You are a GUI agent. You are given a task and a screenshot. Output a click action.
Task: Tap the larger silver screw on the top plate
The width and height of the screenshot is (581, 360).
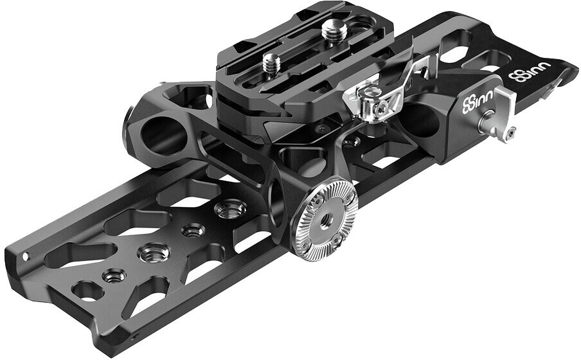coord(335,30)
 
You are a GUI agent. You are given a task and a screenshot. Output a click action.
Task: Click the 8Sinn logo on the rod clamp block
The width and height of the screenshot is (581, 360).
coord(478,100)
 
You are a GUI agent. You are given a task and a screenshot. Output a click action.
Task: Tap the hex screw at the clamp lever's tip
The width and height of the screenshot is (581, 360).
coord(511,132)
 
